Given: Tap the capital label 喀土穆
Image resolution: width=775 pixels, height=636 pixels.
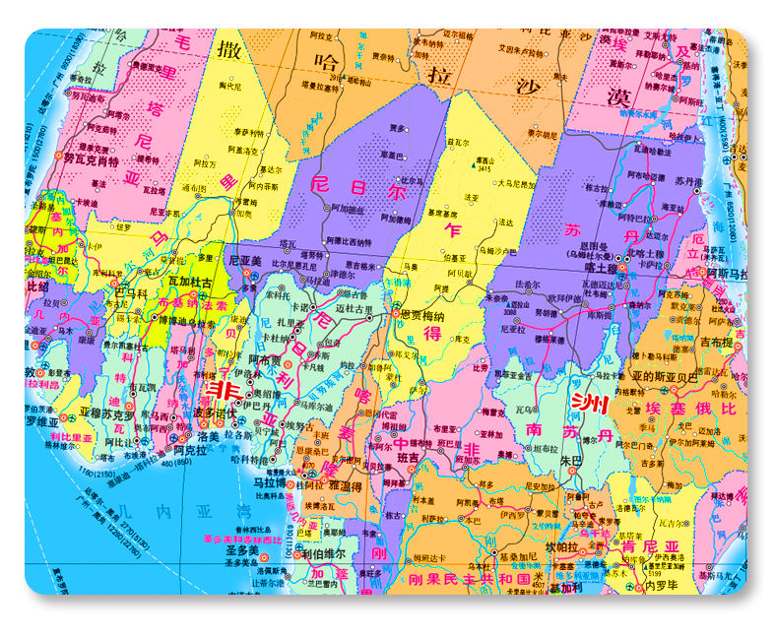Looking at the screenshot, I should coord(600,266).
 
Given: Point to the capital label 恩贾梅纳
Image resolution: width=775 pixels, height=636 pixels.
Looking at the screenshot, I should coord(420,314).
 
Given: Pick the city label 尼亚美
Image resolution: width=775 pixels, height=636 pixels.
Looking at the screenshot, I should coord(246,260).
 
